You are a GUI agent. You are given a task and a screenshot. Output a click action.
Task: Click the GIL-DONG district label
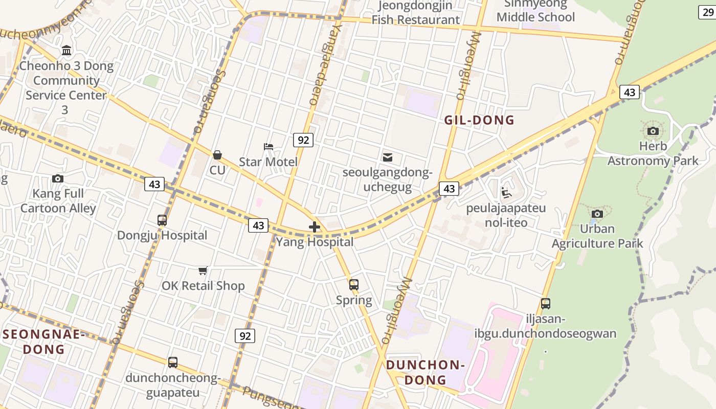[x=479, y=120]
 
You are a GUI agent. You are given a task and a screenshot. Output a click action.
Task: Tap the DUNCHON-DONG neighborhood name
[x=426, y=372]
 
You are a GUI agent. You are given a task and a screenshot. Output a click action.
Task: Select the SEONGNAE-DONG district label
[x=42, y=342]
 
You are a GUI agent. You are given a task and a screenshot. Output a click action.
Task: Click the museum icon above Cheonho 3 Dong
[x=66, y=51]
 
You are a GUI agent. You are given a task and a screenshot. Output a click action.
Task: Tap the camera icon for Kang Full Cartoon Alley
[x=58, y=178]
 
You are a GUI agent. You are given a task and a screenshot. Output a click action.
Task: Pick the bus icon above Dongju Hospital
[x=162, y=220]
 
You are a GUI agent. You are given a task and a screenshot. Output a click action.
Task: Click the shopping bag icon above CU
[x=217, y=154]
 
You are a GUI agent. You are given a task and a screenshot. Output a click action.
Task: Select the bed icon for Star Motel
[x=268, y=147]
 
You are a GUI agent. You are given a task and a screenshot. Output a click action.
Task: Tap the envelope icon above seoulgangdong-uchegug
[x=388, y=157]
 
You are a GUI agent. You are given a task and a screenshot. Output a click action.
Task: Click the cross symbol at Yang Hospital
[x=315, y=227]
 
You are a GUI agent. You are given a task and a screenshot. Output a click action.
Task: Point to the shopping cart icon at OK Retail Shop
[x=203, y=270]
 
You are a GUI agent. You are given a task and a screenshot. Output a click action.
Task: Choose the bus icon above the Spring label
[x=354, y=285]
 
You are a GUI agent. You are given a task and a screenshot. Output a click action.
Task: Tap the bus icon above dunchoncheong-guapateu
[x=173, y=362]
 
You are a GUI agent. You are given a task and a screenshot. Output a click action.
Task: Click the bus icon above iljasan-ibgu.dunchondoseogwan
[x=546, y=304]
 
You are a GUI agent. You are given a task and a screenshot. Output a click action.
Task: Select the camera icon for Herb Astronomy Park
[x=653, y=131]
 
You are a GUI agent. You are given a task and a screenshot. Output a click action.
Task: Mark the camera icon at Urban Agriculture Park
[x=597, y=214]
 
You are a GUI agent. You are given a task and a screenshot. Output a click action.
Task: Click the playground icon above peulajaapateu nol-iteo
[x=506, y=193]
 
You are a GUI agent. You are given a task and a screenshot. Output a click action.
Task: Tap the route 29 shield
[x=708, y=12]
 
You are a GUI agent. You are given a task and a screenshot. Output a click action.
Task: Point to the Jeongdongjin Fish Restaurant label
[x=415, y=13]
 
